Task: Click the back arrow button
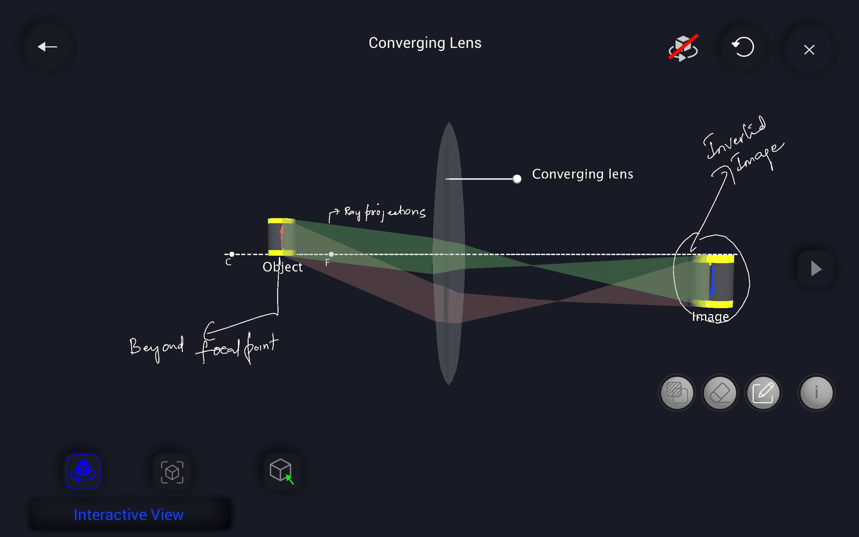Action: pyautogui.click(x=47, y=47)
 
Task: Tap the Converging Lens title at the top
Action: pyautogui.click(x=425, y=43)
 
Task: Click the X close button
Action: pyautogui.click(x=809, y=50)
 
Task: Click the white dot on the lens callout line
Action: pyautogui.click(x=517, y=179)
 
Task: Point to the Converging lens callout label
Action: pyautogui.click(x=583, y=174)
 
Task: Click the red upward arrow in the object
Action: pyautogui.click(x=281, y=236)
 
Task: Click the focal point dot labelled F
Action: pyautogui.click(x=331, y=255)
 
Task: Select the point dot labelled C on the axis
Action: pyautogui.click(x=231, y=255)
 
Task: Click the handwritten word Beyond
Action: pyautogui.click(x=156, y=348)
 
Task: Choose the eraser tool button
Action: pyautogui.click(x=720, y=393)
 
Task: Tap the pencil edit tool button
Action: pyautogui.click(x=763, y=393)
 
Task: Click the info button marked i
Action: pyautogui.click(x=816, y=393)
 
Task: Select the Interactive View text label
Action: pyautogui.click(x=129, y=514)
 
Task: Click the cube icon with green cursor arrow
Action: pyautogui.click(x=281, y=471)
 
